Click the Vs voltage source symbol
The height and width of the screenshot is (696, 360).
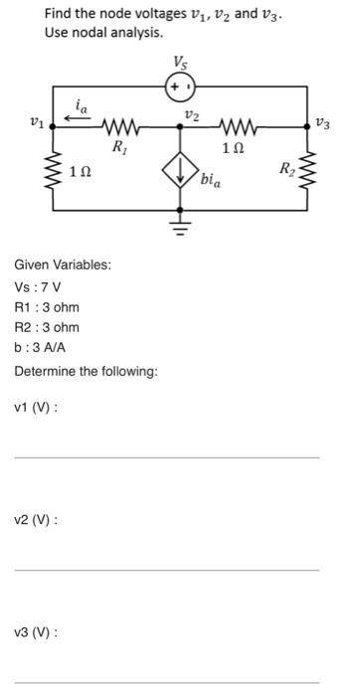[180, 87]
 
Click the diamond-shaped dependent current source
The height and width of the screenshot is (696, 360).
[180, 179]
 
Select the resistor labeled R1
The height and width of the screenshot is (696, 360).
[119, 126]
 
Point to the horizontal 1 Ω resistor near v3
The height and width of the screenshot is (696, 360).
[234, 126]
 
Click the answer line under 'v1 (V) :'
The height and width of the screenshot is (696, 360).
[167, 457]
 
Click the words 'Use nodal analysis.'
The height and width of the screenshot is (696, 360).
[102, 33]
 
